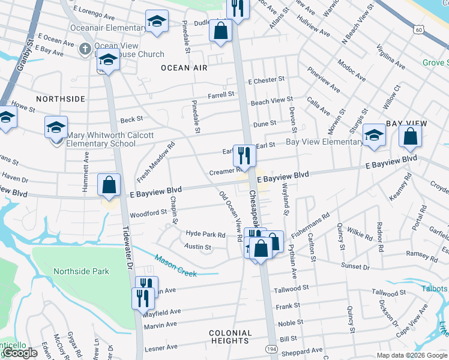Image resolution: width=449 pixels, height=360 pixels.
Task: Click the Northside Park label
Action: (81, 271)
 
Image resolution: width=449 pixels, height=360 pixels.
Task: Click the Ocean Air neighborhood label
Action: (184, 68)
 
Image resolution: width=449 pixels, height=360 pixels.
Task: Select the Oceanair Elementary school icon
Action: (157, 22)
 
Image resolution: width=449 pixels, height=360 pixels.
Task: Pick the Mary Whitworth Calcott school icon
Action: (56, 128)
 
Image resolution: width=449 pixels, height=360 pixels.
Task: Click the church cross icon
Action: (86, 47)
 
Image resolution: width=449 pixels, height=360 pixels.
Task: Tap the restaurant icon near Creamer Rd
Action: (244, 156)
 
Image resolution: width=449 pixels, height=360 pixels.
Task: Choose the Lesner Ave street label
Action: (161, 347)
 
